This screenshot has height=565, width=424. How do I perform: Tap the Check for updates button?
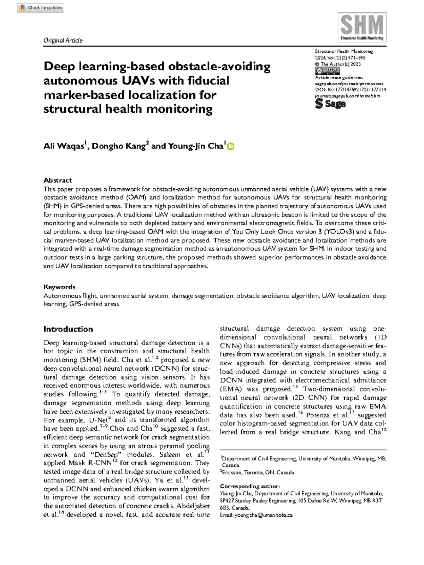pos(40,8)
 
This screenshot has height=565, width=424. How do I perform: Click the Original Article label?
pos(63,40)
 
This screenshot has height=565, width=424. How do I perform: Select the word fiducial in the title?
pos(208,81)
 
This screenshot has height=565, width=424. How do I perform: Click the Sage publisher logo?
pos(330,104)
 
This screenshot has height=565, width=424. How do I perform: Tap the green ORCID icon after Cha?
pos(230,146)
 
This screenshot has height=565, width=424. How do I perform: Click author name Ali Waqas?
pos(64,146)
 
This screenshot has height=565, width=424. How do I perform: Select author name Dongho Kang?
pos(119,146)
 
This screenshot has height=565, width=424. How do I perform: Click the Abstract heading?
pos(58,180)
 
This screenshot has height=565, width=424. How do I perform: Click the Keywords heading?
pos(59,287)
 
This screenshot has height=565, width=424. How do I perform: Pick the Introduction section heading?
pos(68,329)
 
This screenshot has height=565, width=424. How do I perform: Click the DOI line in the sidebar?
pos(350,90)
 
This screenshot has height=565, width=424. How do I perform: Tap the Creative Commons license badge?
pos(327,71)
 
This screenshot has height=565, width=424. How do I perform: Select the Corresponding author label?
pos(249,486)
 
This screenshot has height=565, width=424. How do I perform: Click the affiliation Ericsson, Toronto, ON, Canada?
pos(258,472)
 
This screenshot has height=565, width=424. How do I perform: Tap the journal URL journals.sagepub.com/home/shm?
pos(347,96)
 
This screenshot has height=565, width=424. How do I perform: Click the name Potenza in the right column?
pos(318,415)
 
